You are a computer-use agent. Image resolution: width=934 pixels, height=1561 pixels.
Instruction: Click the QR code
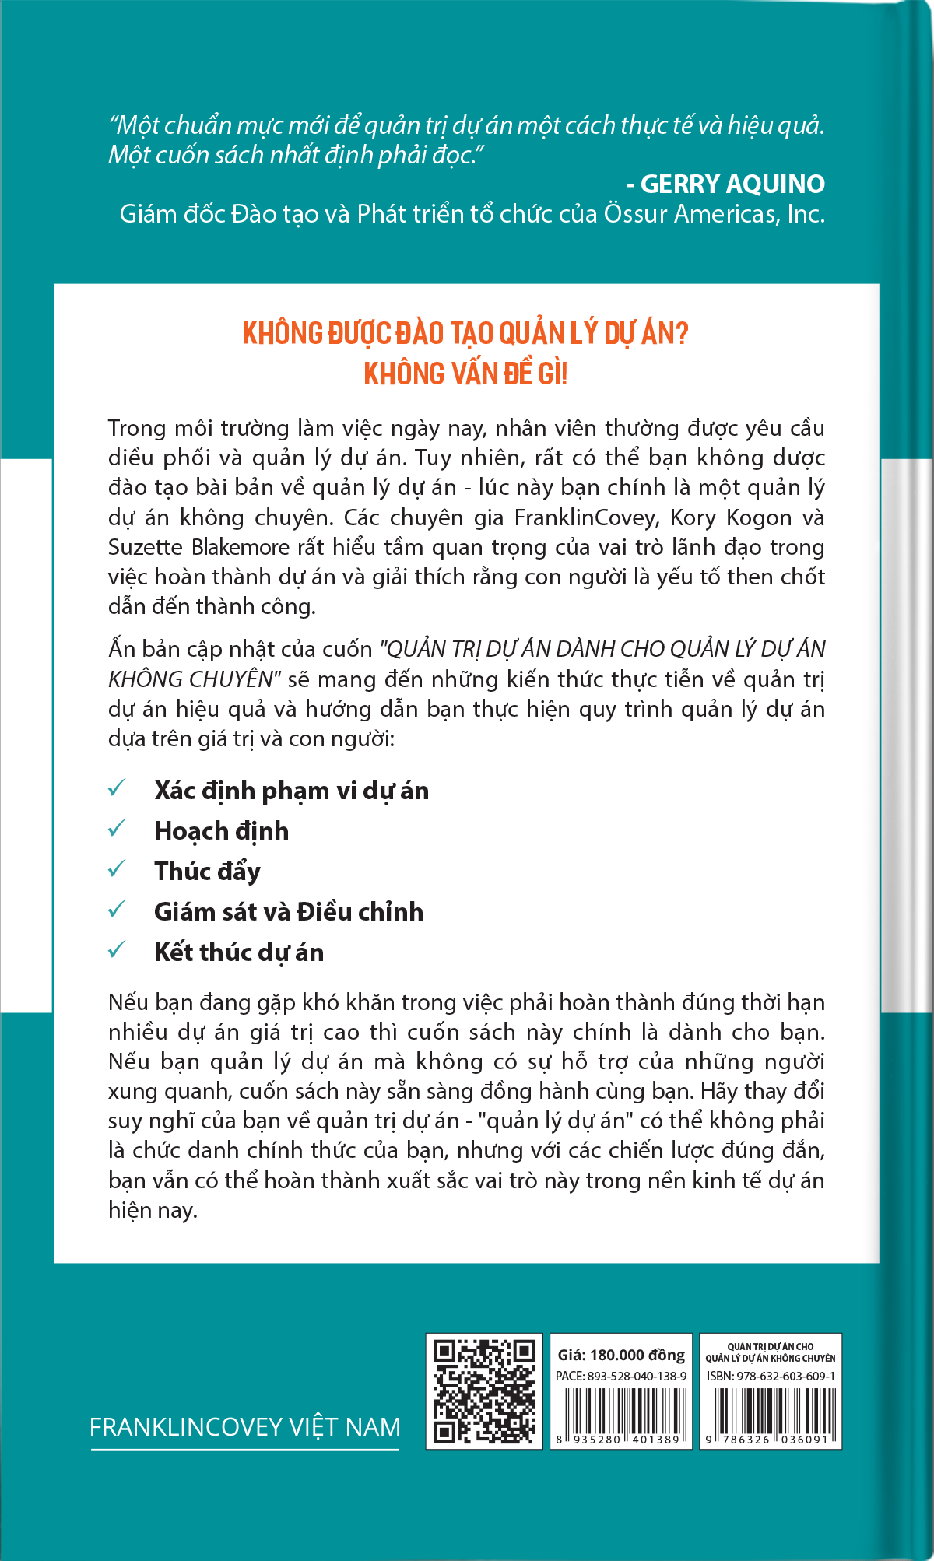click(x=483, y=1391)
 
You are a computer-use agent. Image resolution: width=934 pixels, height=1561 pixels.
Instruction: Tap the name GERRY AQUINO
click(x=732, y=184)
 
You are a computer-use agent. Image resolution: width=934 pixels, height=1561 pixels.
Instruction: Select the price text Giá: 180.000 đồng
click(x=621, y=1355)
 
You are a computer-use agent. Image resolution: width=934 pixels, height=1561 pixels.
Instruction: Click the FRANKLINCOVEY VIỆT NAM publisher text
click(x=244, y=1427)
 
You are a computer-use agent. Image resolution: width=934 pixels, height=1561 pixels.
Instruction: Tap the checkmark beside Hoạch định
click(x=117, y=828)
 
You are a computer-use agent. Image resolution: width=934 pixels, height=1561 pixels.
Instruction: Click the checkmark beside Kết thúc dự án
click(x=117, y=949)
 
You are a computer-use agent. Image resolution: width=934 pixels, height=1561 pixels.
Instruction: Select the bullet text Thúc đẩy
click(x=207, y=872)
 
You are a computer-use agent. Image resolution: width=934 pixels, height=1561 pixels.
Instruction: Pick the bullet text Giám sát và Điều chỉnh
click(x=289, y=912)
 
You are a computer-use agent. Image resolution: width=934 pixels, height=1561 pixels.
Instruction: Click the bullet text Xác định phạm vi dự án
click(x=291, y=791)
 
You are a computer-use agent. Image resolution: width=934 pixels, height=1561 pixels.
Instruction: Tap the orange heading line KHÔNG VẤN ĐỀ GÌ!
click(x=465, y=374)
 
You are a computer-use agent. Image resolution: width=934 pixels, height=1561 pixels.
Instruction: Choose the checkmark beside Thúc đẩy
click(x=117, y=868)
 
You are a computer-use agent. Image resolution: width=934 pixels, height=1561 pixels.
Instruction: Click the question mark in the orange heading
click(x=683, y=334)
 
